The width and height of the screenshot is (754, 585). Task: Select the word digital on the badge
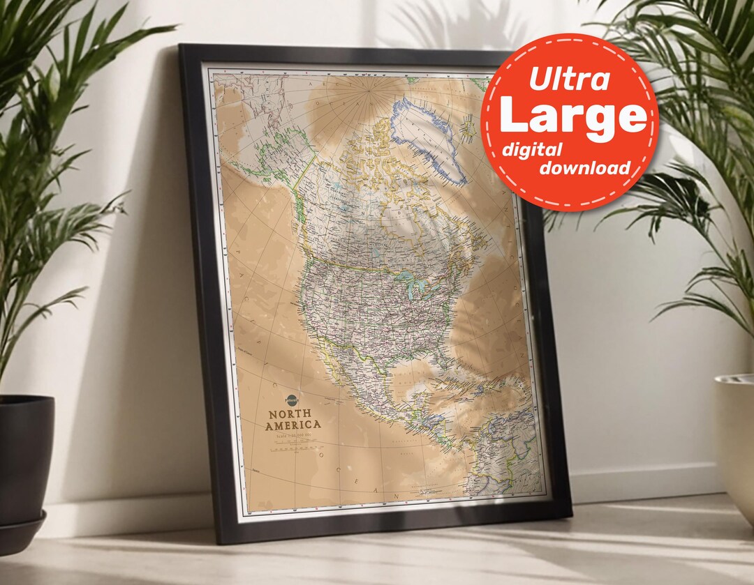coord(532,149)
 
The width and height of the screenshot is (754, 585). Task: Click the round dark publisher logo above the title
coord(292,400)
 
